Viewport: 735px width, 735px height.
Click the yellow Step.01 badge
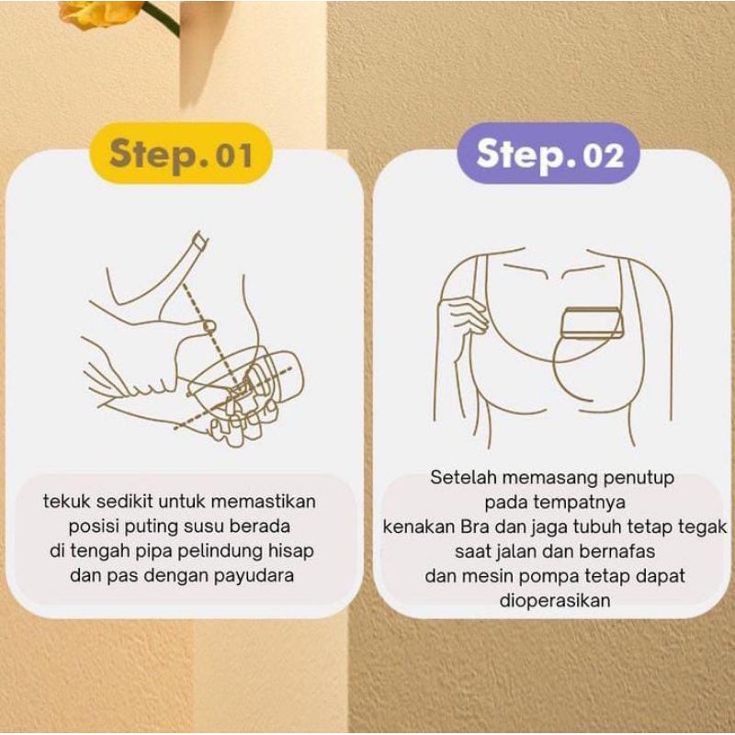pyautogui.click(x=181, y=153)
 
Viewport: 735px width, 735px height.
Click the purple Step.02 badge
pyautogui.click(x=548, y=153)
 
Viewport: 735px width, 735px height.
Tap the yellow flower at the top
pyautogui.click(x=101, y=14)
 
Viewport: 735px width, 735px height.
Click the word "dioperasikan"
pyautogui.click(x=555, y=601)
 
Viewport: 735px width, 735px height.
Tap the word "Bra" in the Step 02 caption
pyautogui.click(x=475, y=526)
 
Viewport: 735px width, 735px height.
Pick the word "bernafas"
pyautogui.click(x=616, y=551)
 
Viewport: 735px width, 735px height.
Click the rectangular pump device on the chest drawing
pyautogui.click(x=591, y=322)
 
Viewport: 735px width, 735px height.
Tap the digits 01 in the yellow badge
pyautogui.click(x=233, y=155)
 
